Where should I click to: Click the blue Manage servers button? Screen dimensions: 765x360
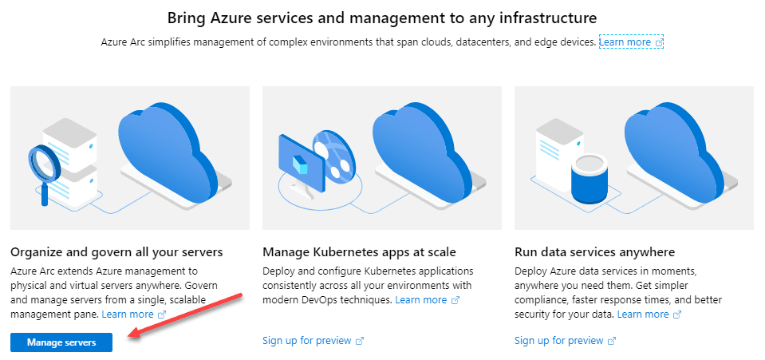[x=61, y=342]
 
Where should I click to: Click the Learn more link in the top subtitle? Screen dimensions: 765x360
[x=625, y=42]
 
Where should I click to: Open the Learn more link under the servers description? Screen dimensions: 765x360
[x=128, y=314]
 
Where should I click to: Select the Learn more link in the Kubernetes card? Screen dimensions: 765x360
[x=420, y=299]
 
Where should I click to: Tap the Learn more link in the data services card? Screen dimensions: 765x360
[x=642, y=314]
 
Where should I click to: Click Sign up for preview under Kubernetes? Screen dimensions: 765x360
[x=307, y=341]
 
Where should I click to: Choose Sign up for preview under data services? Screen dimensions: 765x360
[x=559, y=341]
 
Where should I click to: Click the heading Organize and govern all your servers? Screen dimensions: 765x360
[x=116, y=252]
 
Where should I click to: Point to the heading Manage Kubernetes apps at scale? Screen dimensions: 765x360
[x=359, y=252]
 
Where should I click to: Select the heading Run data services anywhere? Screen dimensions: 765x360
[x=595, y=252]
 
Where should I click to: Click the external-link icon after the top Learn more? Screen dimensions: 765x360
[x=659, y=42]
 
